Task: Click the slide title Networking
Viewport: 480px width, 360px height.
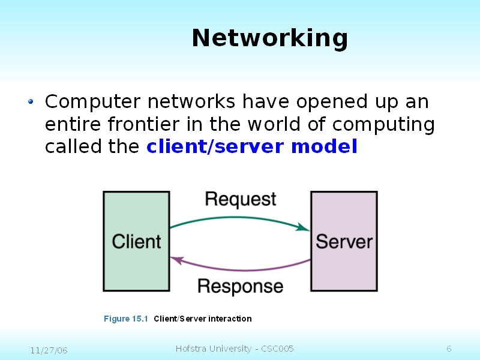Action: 269,38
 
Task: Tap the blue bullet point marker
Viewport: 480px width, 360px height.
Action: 31,102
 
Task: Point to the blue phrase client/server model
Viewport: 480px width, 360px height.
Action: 252,146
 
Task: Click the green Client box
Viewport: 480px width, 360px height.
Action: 136,241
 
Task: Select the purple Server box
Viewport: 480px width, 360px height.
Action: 344,241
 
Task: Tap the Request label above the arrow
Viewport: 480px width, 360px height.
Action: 241,199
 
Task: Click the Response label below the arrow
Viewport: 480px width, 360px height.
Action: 240,286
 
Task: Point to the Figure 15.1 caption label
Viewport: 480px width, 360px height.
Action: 125,319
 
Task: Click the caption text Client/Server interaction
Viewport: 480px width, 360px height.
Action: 203,319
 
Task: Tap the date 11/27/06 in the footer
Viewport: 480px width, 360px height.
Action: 49,350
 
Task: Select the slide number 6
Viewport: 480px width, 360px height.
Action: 449,349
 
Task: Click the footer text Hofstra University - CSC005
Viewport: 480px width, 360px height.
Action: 235,349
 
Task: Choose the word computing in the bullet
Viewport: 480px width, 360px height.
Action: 383,125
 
